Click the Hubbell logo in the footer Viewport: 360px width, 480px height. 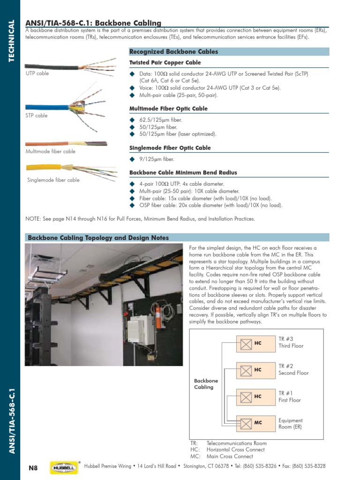(64, 467)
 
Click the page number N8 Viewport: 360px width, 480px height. (33, 467)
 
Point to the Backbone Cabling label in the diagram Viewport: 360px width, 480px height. (206, 384)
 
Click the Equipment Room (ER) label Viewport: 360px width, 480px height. (291, 424)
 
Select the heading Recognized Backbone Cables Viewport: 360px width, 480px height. (173, 52)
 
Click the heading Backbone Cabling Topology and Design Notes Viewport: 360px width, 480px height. (98, 238)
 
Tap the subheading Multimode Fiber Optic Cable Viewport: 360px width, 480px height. (168, 109)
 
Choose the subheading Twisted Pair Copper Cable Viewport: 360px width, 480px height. (165, 63)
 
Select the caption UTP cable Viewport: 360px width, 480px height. (37, 74)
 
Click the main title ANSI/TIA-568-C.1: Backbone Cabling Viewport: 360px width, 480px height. (93, 23)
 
